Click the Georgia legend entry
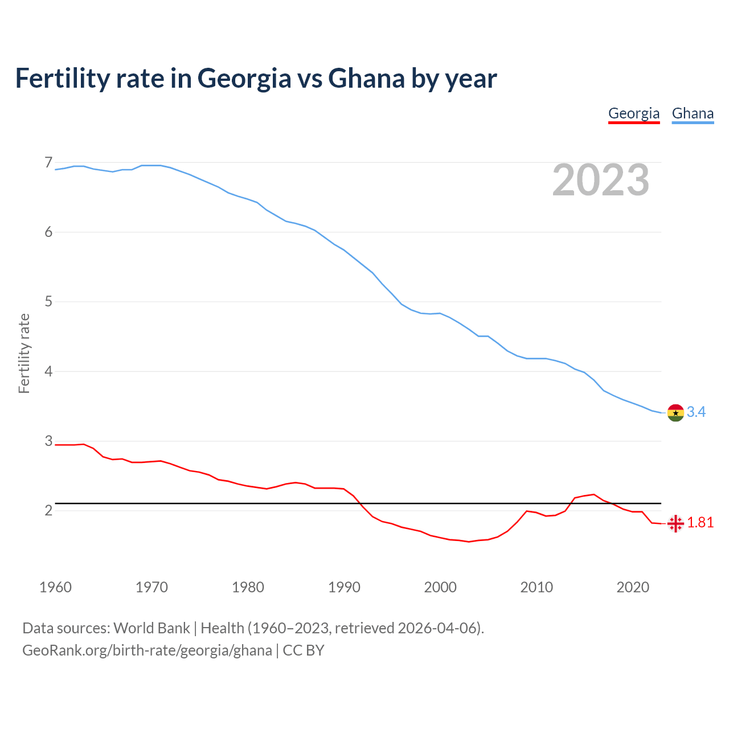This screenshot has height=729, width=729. point(633,113)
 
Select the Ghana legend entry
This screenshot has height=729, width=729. point(693,113)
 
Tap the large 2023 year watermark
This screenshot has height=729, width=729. point(601,180)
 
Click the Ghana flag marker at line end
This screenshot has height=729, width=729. point(675,412)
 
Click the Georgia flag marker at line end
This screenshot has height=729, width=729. point(675,523)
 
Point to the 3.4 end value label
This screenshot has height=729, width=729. point(696,412)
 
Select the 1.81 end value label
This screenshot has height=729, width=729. point(701,523)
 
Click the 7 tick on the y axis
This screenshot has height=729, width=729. point(48,163)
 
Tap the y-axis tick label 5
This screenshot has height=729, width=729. point(48,302)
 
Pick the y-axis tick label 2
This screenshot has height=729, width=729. point(48,511)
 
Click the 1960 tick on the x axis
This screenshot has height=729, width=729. point(55,587)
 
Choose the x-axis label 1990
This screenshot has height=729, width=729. point(344,587)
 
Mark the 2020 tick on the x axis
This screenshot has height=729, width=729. point(633,587)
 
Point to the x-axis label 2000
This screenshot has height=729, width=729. point(440,587)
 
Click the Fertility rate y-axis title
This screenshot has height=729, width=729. point(24,353)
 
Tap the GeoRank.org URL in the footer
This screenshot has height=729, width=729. point(147,650)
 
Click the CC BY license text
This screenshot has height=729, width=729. point(304,650)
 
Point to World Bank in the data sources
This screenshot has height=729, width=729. point(151,628)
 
